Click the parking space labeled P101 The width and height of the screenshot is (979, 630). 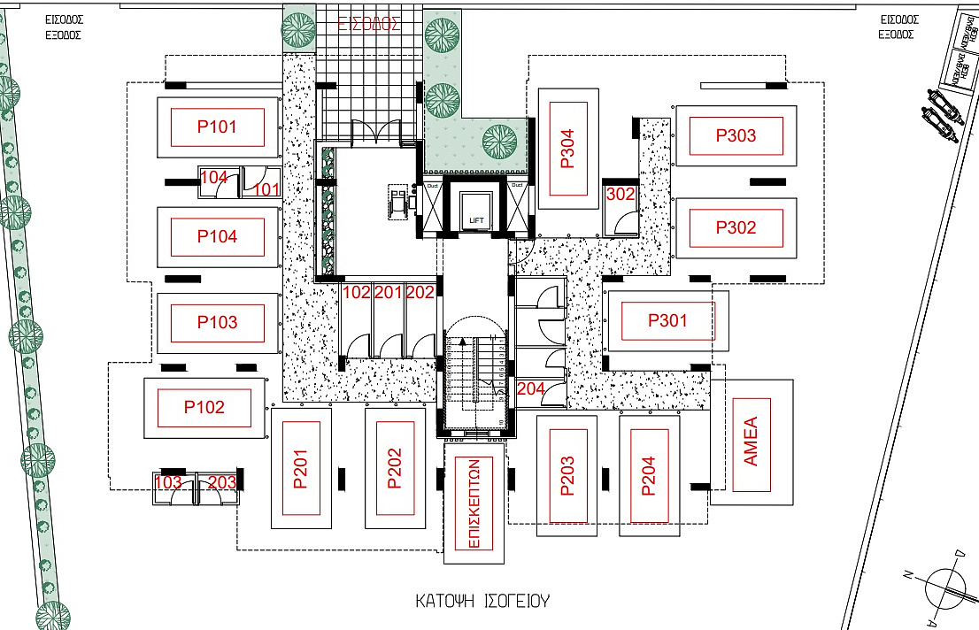click(218, 127)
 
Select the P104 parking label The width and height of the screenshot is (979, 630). click(218, 237)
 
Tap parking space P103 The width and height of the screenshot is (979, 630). click(218, 322)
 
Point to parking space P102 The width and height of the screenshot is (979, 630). click(204, 408)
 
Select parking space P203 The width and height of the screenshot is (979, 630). click(567, 476)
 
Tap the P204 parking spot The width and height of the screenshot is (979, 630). click(649, 476)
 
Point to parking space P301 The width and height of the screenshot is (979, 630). click(667, 321)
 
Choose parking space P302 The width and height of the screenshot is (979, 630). click(736, 227)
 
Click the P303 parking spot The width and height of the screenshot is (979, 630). click(736, 136)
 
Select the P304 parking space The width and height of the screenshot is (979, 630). click(567, 149)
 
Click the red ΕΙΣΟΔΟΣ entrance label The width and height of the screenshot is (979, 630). click(370, 24)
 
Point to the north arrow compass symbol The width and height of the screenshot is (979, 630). click(946, 586)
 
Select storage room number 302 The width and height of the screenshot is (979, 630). click(620, 195)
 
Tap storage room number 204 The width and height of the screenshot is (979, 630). click(530, 388)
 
